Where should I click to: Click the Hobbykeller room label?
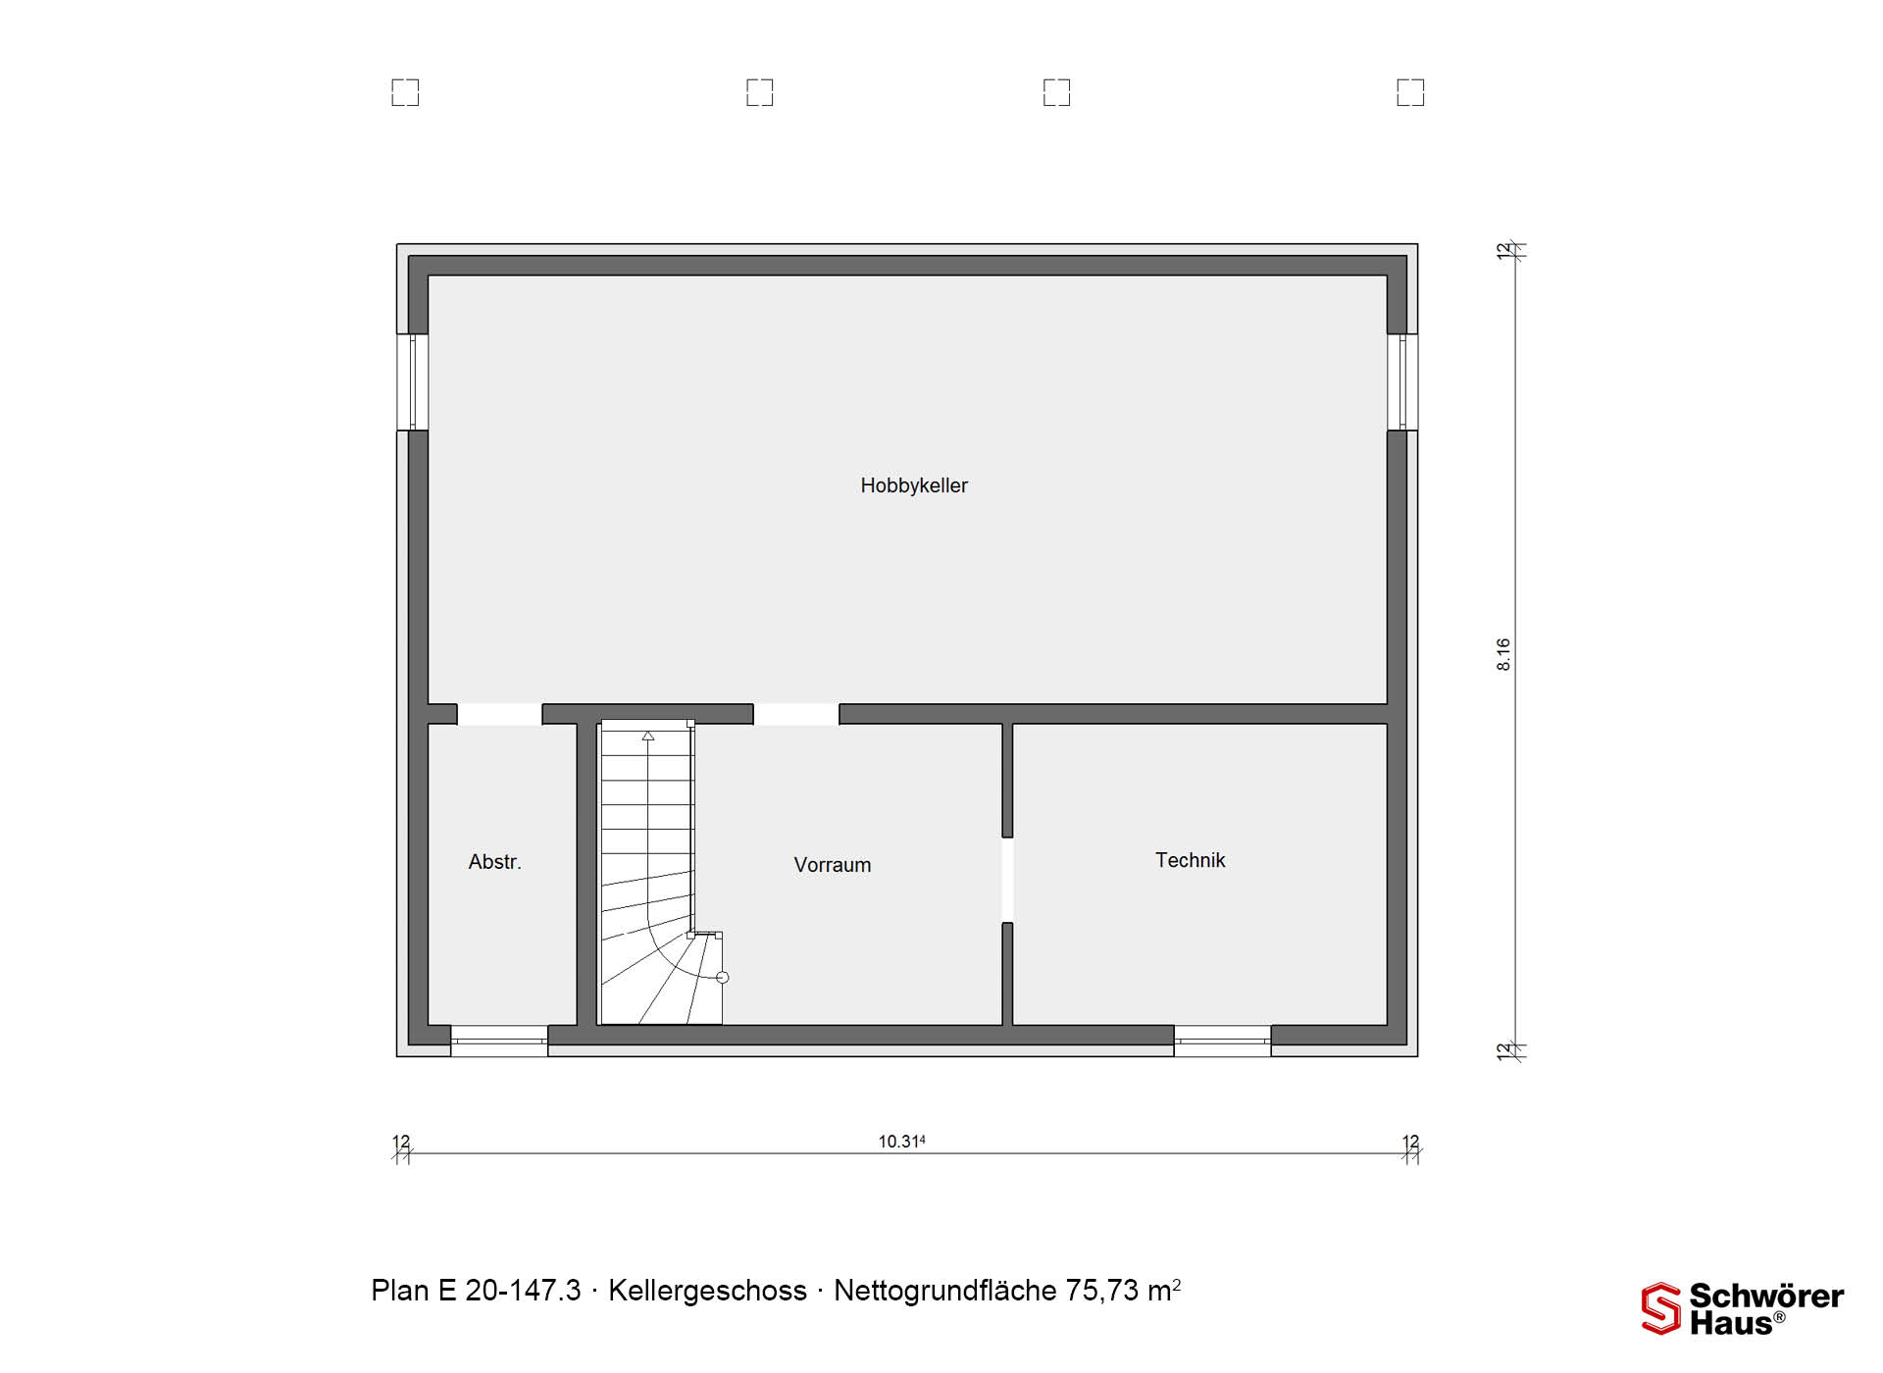tap(914, 485)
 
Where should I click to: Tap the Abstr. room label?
tap(494, 862)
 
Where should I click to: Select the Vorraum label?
tap(833, 865)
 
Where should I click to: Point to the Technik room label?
tap(1190, 860)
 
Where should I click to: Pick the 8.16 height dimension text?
tap(1503, 654)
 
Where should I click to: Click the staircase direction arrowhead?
tap(648, 736)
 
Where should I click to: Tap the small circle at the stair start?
tap(723, 978)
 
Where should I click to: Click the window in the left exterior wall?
tap(413, 381)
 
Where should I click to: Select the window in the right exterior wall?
tap(1402, 381)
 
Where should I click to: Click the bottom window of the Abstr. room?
tap(499, 1041)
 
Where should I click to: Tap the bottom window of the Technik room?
tap(1222, 1041)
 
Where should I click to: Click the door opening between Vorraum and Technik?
tap(1007, 880)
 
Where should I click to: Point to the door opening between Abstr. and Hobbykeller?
tap(499, 714)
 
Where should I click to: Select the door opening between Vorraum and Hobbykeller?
tap(796, 714)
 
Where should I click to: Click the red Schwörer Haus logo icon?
tap(1661, 1308)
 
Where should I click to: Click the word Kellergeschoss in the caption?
tap(707, 1291)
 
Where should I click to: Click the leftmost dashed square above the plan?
tap(405, 92)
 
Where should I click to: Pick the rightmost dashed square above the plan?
tap(1410, 92)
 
